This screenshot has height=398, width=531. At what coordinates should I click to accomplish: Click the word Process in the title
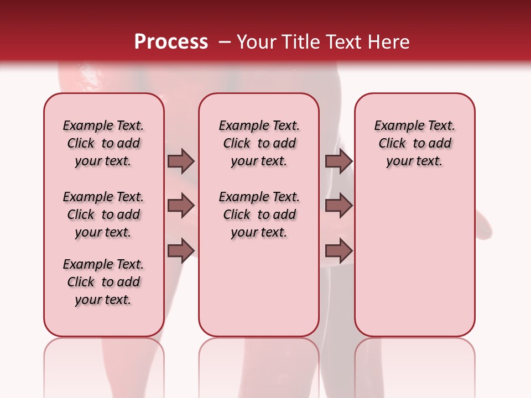(171, 42)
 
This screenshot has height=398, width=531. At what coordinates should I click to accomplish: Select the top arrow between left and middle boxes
(181, 161)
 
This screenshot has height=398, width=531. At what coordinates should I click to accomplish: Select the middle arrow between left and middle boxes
(181, 206)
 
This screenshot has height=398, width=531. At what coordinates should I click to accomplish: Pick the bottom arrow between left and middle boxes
(181, 250)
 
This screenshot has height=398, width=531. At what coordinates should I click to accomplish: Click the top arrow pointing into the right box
(339, 161)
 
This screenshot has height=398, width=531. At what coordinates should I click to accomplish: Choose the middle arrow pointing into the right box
(339, 206)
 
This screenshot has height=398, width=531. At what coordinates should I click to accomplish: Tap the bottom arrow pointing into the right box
(339, 250)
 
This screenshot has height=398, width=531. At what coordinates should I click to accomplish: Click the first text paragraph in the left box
(103, 143)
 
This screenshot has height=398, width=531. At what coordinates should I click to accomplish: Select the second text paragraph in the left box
(103, 214)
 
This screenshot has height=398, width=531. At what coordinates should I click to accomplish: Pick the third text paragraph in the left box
(103, 282)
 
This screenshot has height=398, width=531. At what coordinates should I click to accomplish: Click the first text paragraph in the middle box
(259, 143)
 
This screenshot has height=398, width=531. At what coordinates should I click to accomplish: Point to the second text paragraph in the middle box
(259, 214)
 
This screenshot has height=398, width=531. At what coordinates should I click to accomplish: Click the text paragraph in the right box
(415, 143)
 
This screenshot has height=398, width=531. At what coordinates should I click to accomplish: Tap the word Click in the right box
(393, 144)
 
